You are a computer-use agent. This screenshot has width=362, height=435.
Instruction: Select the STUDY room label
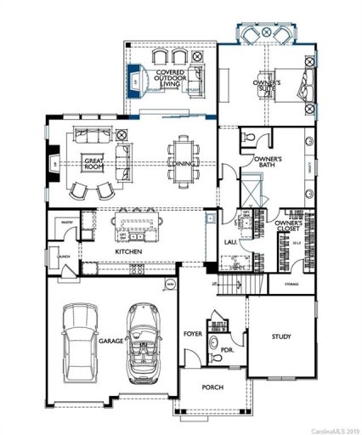(281, 337)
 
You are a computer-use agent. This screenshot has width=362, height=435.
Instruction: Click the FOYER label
(193, 335)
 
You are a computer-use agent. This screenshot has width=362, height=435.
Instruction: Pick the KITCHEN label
(128, 251)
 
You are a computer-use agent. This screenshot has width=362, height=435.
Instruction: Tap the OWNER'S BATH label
(269, 163)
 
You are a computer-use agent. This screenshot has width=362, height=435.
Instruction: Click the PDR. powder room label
(227, 347)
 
